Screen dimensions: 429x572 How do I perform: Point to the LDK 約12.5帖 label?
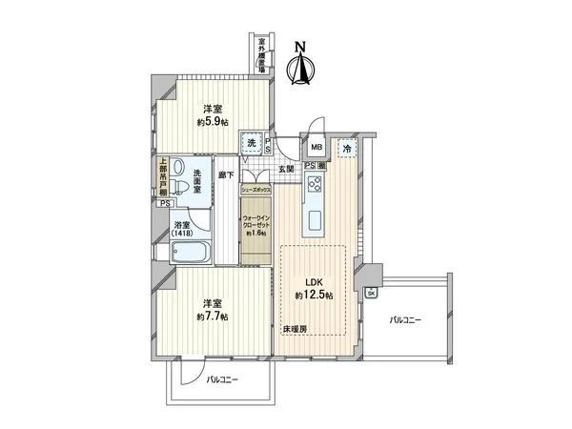pos(313,290)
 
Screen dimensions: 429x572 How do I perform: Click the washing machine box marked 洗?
pos(252,143)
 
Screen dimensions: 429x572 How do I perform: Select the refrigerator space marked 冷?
pos(348,149)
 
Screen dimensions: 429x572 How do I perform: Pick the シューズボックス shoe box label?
pos(257,191)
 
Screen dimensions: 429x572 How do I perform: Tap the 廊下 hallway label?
pos(226,174)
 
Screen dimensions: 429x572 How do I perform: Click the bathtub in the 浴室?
pos(192,252)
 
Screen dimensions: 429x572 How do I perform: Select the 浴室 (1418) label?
pos(181,227)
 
